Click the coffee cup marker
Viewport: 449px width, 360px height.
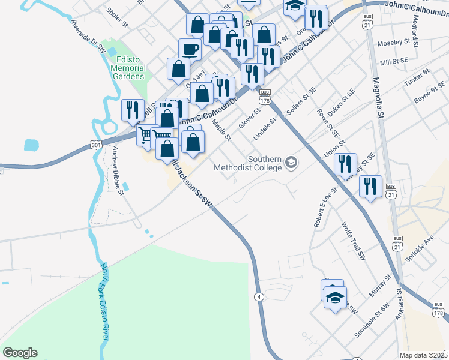(x=190, y=49)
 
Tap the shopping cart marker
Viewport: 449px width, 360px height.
(x=146, y=135)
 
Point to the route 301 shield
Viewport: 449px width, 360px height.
(x=95, y=145)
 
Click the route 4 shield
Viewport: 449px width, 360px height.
(x=259, y=297)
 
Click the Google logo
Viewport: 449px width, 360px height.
(x=20, y=353)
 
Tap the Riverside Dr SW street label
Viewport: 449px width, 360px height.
(x=88, y=37)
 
